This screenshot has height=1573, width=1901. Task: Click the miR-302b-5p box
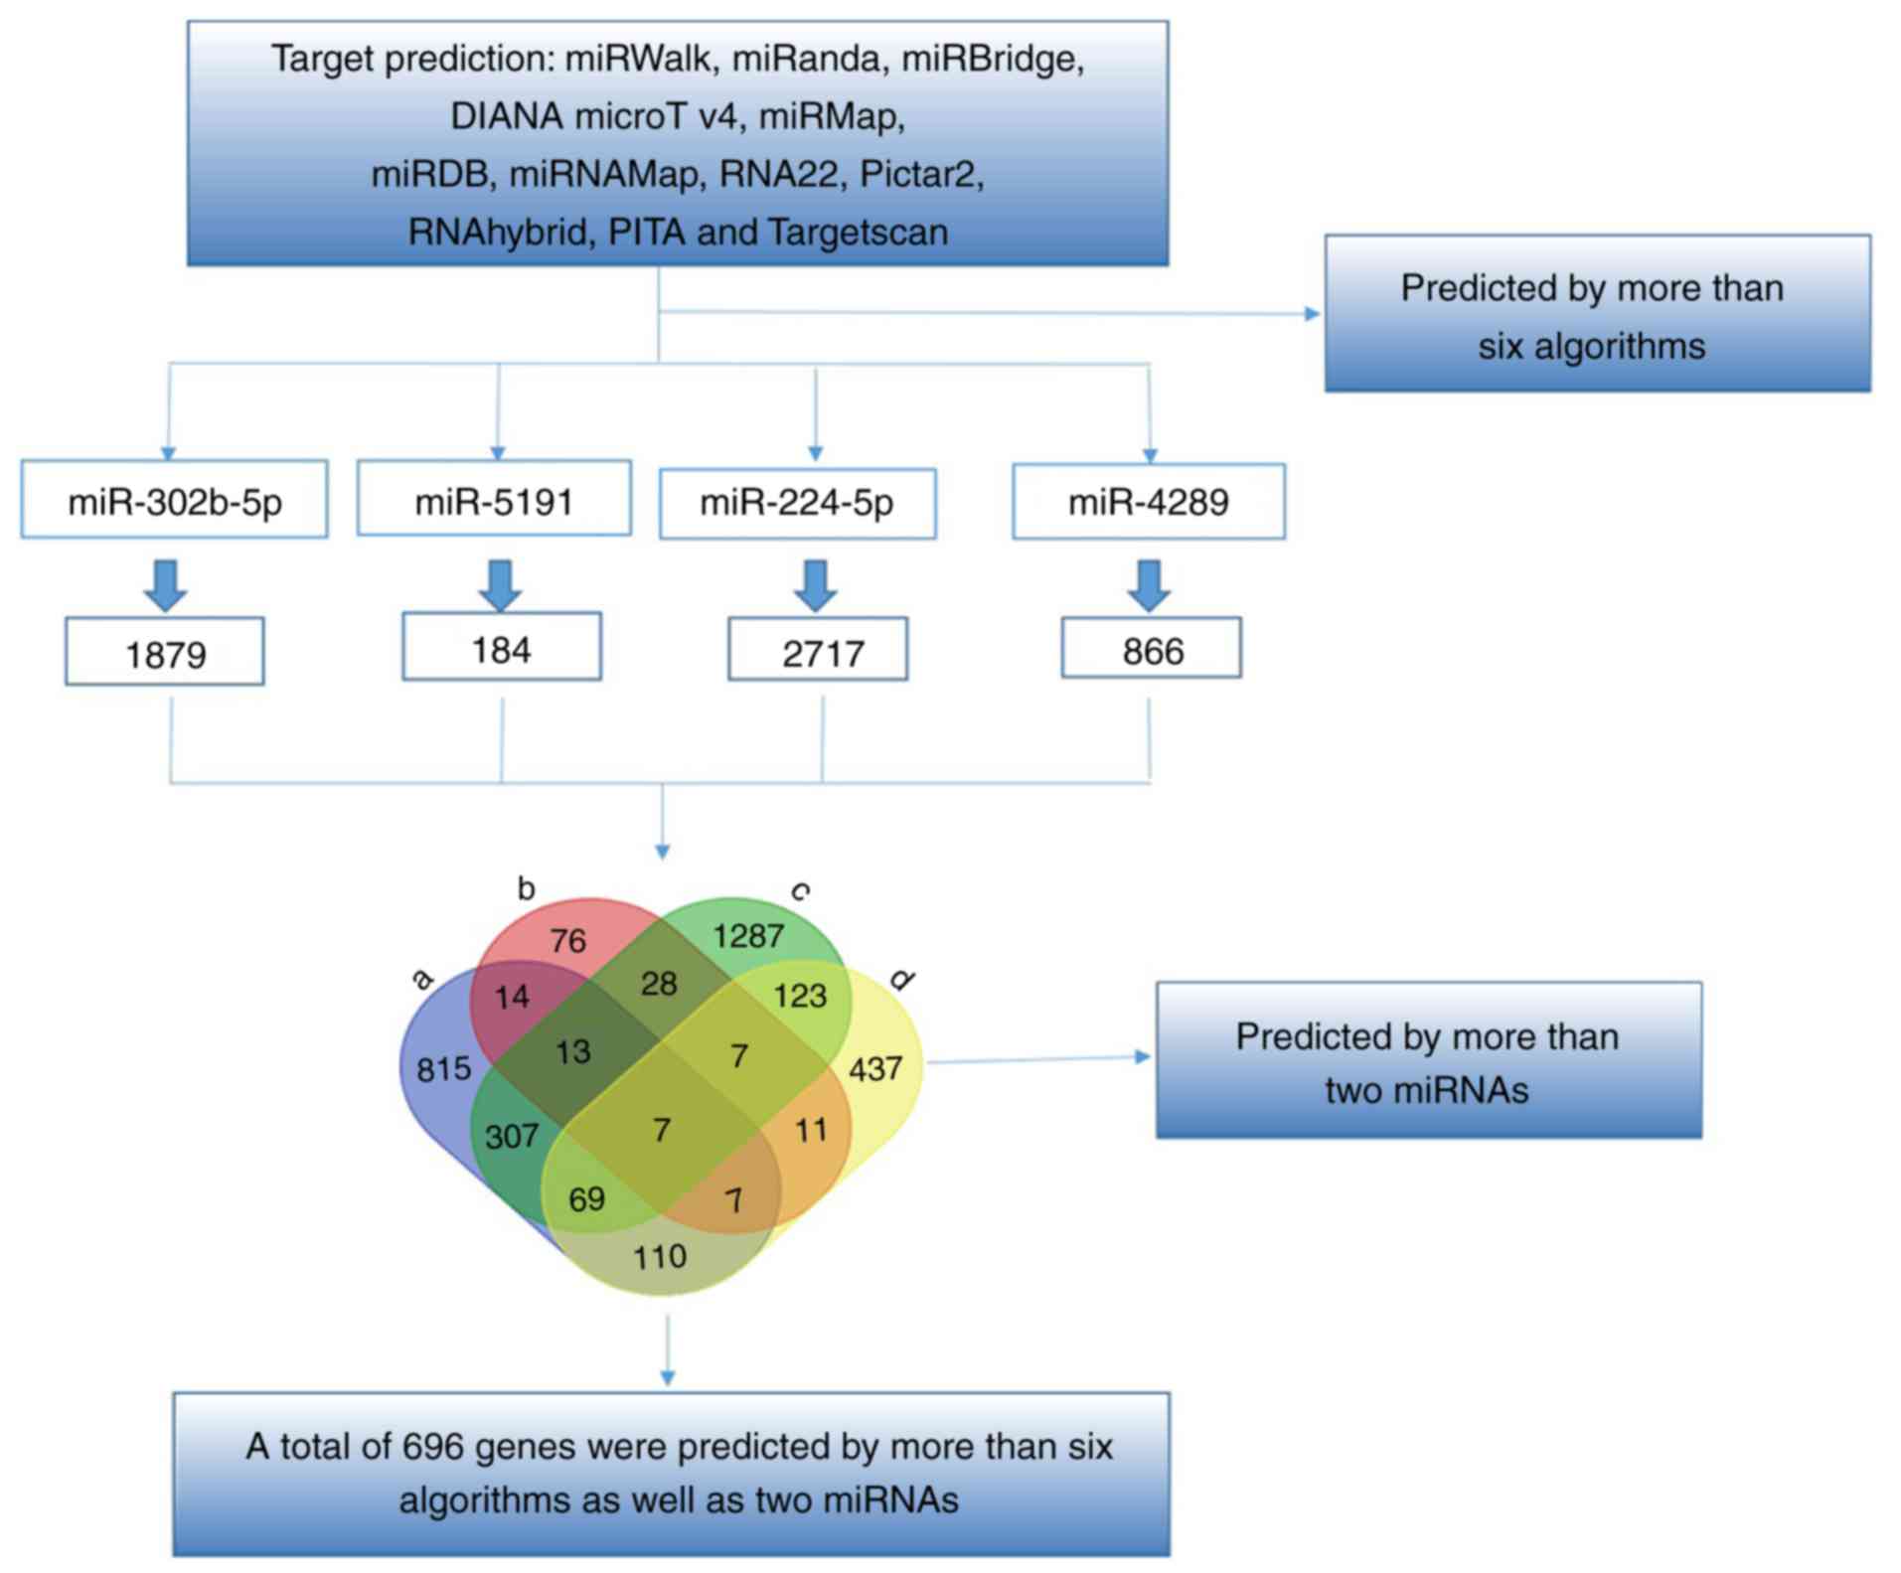coord(174,500)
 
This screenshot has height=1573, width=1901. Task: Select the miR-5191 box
coord(494,499)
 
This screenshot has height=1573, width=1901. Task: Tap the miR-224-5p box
coord(797,504)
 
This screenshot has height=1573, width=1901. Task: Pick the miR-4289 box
coord(1148,502)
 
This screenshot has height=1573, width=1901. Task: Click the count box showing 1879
coord(165,653)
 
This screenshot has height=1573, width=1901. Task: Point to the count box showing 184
coord(501,648)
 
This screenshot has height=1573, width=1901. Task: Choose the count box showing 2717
coord(818,651)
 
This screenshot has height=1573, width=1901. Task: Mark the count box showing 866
coord(1151,650)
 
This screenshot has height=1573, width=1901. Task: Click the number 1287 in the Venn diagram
coord(747,935)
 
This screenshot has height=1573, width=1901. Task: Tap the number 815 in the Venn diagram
coord(443,1069)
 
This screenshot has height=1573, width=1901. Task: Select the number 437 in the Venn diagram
coord(875,1069)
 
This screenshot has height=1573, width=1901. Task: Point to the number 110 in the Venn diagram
coord(660,1257)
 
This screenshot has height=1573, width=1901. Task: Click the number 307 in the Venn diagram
coord(511,1136)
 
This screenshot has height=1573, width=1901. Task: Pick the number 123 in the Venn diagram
coord(800,996)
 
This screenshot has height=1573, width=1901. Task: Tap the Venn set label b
coord(526,888)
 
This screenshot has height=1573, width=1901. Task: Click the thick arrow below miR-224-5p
coord(815,585)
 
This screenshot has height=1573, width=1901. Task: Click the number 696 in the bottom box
coord(432,1447)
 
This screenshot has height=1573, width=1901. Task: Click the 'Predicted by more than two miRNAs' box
coord(1428,1061)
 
